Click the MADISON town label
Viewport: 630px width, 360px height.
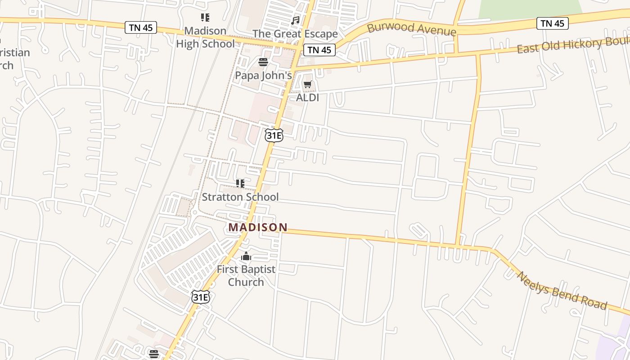(x=258, y=227)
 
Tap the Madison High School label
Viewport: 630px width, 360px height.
(x=205, y=37)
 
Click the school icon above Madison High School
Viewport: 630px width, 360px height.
(x=205, y=18)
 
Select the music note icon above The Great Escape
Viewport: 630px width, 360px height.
(x=295, y=21)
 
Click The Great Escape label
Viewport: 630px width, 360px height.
(x=295, y=34)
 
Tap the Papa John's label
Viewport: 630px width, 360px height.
(x=263, y=75)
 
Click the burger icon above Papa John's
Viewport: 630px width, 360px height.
(x=263, y=62)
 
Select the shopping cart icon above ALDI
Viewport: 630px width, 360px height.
(x=308, y=85)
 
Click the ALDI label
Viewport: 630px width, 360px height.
(x=308, y=97)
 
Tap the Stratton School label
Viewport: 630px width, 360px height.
(x=240, y=197)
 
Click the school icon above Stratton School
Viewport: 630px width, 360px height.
(x=240, y=184)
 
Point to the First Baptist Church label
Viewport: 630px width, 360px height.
(x=246, y=275)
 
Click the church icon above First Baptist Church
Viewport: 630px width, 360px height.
(x=246, y=256)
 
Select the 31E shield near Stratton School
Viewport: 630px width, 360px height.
(x=274, y=135)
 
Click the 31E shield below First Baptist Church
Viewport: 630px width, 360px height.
(x=201, y=297)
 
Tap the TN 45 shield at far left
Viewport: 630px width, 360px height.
(x=141, y=27)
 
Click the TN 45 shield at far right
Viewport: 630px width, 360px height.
(x=552, y=23)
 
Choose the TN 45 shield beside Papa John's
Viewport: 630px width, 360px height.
(x=319, y=50)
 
